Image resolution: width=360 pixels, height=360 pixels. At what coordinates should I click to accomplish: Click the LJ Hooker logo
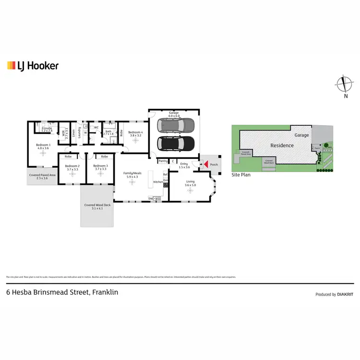(33, 66)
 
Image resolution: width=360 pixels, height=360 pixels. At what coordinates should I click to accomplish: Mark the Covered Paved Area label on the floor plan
(42, 175)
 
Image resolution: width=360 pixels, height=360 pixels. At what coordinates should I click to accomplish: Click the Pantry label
(163, 161)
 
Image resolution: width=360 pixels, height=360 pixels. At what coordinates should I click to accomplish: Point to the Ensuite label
(47, 128)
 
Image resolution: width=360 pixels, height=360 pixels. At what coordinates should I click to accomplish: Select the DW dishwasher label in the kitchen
(151, 198)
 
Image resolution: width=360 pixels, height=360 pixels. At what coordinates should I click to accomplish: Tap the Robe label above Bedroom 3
(105, 156)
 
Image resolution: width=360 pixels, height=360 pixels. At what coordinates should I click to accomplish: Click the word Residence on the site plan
(282, 145)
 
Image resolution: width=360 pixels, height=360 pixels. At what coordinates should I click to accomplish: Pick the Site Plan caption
(241, 175)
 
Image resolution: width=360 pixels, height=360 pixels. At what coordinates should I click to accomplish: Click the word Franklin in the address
(105, 292)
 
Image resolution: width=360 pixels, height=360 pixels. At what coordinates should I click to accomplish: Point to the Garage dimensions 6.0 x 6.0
(174, 116)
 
